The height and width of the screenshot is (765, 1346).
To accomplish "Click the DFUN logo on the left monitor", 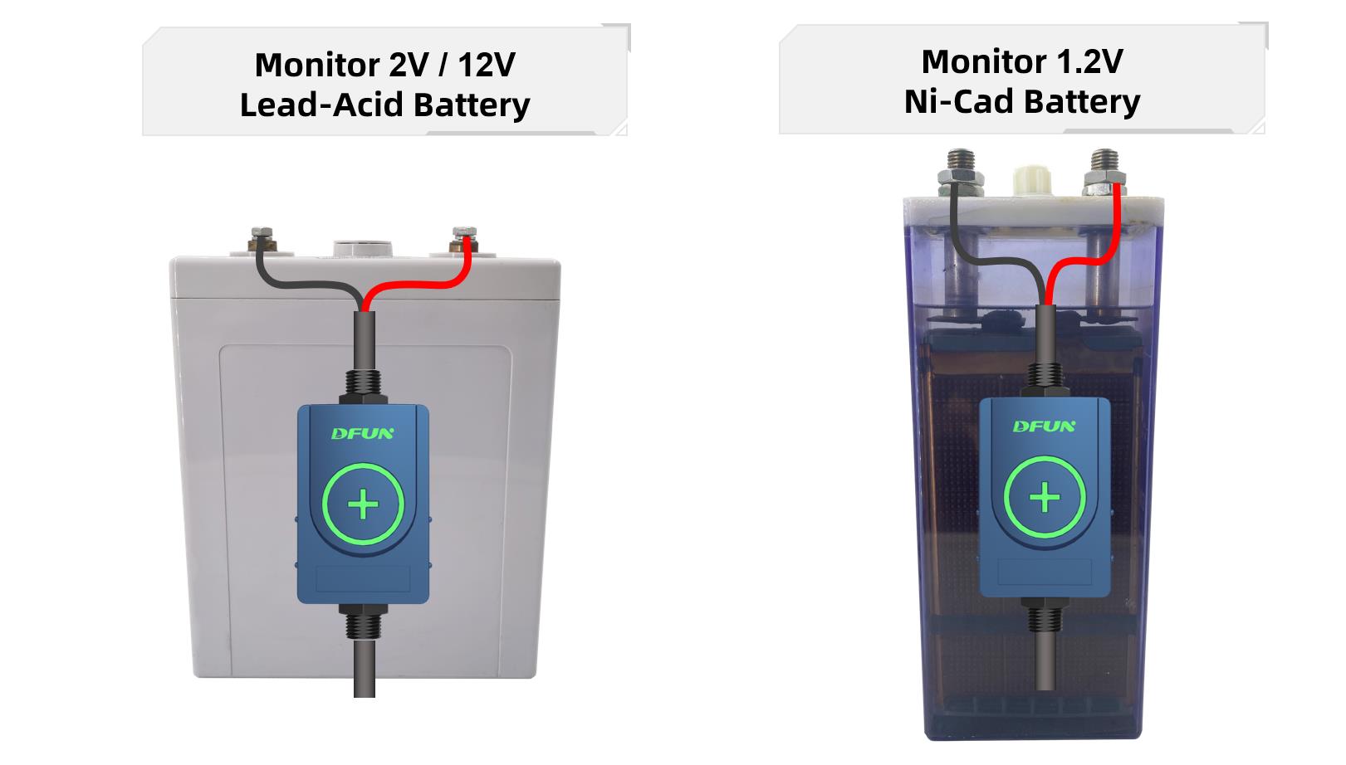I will [x=363, y=433].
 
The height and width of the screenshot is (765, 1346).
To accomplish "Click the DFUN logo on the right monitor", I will [x=1044, y=426].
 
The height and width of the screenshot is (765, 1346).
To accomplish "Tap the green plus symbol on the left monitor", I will [x=363, y=504].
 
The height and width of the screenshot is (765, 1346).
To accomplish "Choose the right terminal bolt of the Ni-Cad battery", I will [x=1104, y=168].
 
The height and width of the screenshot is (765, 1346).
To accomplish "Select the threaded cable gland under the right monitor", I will [x=1044, y=618].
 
